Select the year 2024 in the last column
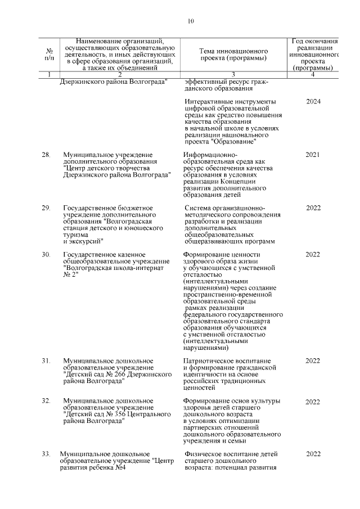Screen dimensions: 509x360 coord(313,102)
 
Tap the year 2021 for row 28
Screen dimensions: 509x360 coord(313,154)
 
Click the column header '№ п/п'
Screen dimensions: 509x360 coord(49,54)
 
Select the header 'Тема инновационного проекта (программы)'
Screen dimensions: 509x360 coord(232,54)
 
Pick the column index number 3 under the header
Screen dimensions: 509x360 coord(232,74)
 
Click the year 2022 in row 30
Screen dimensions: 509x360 coord(313,255)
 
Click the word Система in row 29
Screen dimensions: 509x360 coord(197,208)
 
